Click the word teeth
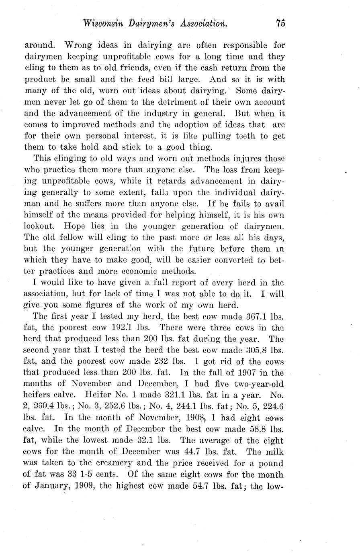[238, 136]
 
